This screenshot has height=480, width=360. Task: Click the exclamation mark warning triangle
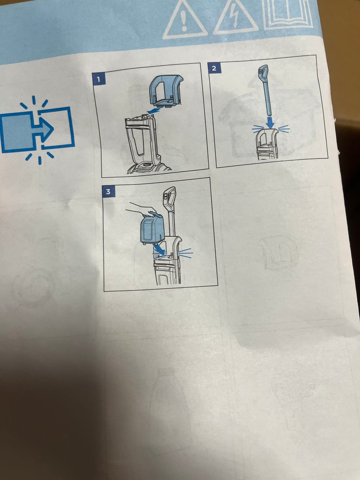185,20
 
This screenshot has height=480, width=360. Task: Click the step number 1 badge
99,79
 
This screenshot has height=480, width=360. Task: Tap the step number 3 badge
108,192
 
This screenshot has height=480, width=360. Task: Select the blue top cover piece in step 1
166,91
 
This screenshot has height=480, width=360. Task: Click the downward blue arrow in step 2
271,123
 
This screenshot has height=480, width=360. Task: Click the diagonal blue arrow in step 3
159,250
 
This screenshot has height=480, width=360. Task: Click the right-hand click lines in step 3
186,253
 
